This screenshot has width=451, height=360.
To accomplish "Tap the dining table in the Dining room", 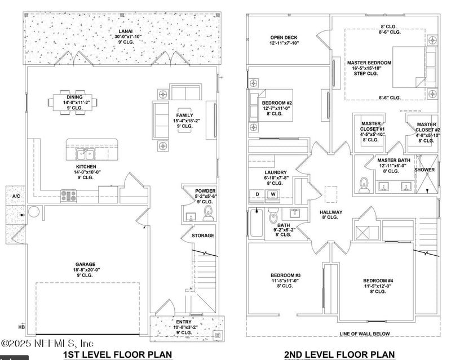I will (78, 103).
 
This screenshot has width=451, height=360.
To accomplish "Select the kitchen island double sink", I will (86, 154).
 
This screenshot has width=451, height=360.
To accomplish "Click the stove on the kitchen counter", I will (69, 196).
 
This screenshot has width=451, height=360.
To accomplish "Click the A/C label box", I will (16, 196).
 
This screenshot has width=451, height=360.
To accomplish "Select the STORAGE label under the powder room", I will (203, 235).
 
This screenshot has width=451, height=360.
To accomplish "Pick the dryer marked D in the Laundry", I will (257, 195).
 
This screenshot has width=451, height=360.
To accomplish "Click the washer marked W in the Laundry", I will (273, 195).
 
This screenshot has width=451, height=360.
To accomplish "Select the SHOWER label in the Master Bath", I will (425, 170).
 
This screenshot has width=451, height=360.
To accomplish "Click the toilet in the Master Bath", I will (364, 184).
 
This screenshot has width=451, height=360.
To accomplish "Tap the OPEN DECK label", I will (284, 38).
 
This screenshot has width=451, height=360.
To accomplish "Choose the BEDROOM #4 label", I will (378, 281).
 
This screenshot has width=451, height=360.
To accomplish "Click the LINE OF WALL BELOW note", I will (365, 334).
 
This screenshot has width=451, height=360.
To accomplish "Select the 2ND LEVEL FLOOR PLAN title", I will (339, 354).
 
